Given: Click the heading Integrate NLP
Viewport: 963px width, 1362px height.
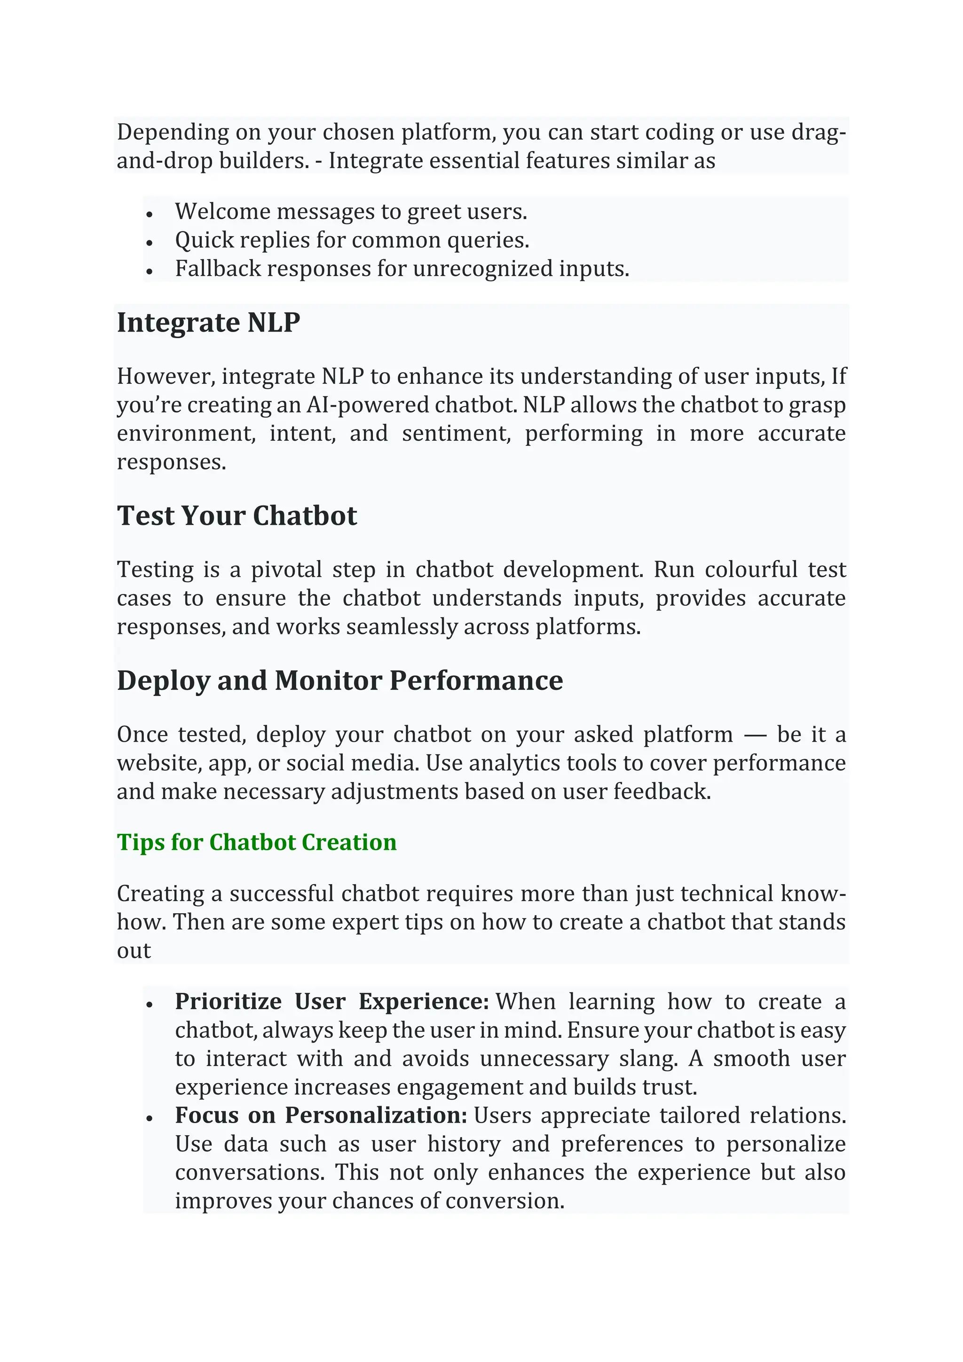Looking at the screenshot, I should point(208,323).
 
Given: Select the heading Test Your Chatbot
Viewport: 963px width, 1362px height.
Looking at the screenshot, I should point(237,516).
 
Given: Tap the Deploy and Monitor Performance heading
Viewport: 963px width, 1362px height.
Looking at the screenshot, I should point(340,681).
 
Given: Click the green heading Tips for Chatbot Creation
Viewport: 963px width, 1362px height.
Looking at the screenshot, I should point(257,842).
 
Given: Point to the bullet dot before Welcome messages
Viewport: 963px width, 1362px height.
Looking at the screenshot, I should point(150,214).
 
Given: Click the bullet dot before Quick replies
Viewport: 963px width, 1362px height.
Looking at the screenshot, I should point(150,242).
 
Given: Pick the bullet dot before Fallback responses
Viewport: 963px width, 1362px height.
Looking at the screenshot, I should point(150,271).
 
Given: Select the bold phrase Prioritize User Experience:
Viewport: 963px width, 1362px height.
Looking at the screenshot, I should point(332,1002).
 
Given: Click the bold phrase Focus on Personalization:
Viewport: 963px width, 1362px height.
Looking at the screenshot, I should point(321,1116).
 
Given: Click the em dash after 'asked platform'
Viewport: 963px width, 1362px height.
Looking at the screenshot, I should point(755,735).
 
